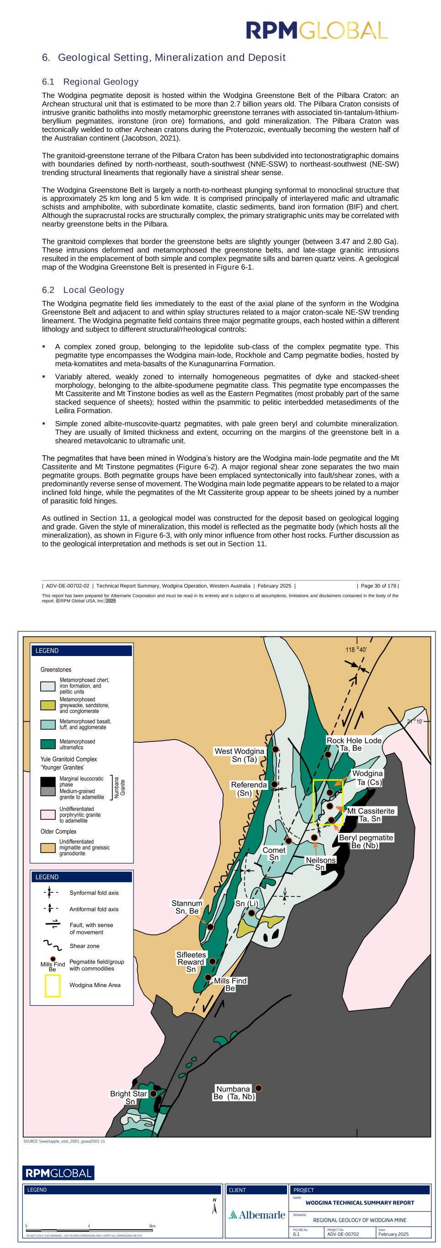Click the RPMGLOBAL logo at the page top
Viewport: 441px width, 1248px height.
click(x=317, y=30)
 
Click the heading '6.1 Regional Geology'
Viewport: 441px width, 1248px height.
click(x=90, y=82)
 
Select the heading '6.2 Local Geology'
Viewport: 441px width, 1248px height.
click(x=83, y=290)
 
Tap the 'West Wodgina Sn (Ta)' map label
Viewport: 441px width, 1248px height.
click(x=239, y=755)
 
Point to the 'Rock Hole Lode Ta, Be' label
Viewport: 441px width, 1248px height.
click(x=353, y=744)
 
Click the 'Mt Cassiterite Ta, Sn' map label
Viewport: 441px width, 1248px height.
click(x=371, y=815)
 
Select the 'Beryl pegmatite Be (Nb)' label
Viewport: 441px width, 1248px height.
click(x=366, y=842)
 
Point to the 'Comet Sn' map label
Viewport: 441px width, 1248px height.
click(x=274, y=853)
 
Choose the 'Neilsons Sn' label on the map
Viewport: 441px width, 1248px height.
click(x=320, y=864)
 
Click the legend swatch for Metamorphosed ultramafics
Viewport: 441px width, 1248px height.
click(x=48, y=744)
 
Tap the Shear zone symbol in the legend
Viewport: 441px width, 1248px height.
click(x=51, y=946)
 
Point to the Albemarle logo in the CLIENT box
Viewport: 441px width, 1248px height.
click(x=256, y=1215)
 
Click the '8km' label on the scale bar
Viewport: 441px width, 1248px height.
click(x=153, y=1226)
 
